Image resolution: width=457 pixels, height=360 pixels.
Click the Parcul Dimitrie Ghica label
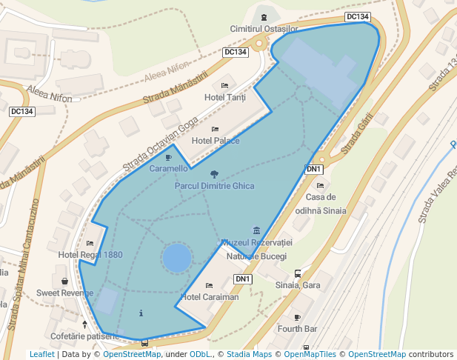pyautogui.click(x=214, y=186)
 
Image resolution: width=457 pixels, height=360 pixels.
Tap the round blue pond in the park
pyautogui.click(x=177, y=259)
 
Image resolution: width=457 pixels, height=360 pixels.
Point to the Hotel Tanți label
pyautogui.click(x=224, y=98)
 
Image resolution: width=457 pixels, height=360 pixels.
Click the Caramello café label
pyautogui.click(x=168, y=169)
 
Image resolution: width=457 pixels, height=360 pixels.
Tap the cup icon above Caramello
pyautogui.click(x=168, y=157)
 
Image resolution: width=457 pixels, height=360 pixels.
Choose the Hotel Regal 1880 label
pyautogui.click(x=90, y=255)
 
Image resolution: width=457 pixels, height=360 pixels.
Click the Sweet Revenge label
pyautogui.click(x=65, y=293)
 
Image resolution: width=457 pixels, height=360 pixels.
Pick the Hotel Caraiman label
pyautogui.click(x=210, y=297)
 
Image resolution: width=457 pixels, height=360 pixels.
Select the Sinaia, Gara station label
pyautogui.click(x=297, y=285)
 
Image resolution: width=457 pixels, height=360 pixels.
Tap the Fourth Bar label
pyautogui.click(x=297, y=328)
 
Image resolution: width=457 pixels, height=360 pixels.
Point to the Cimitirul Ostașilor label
pyautogui.click(x=264, y=28)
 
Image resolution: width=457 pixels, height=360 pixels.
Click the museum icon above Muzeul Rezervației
pyautogui.click(x=256, y=230)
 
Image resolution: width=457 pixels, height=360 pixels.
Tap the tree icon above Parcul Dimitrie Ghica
pyautogui.click(x=214, y=175)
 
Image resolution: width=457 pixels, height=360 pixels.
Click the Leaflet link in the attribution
pyautogui.click(x=41, y=354)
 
